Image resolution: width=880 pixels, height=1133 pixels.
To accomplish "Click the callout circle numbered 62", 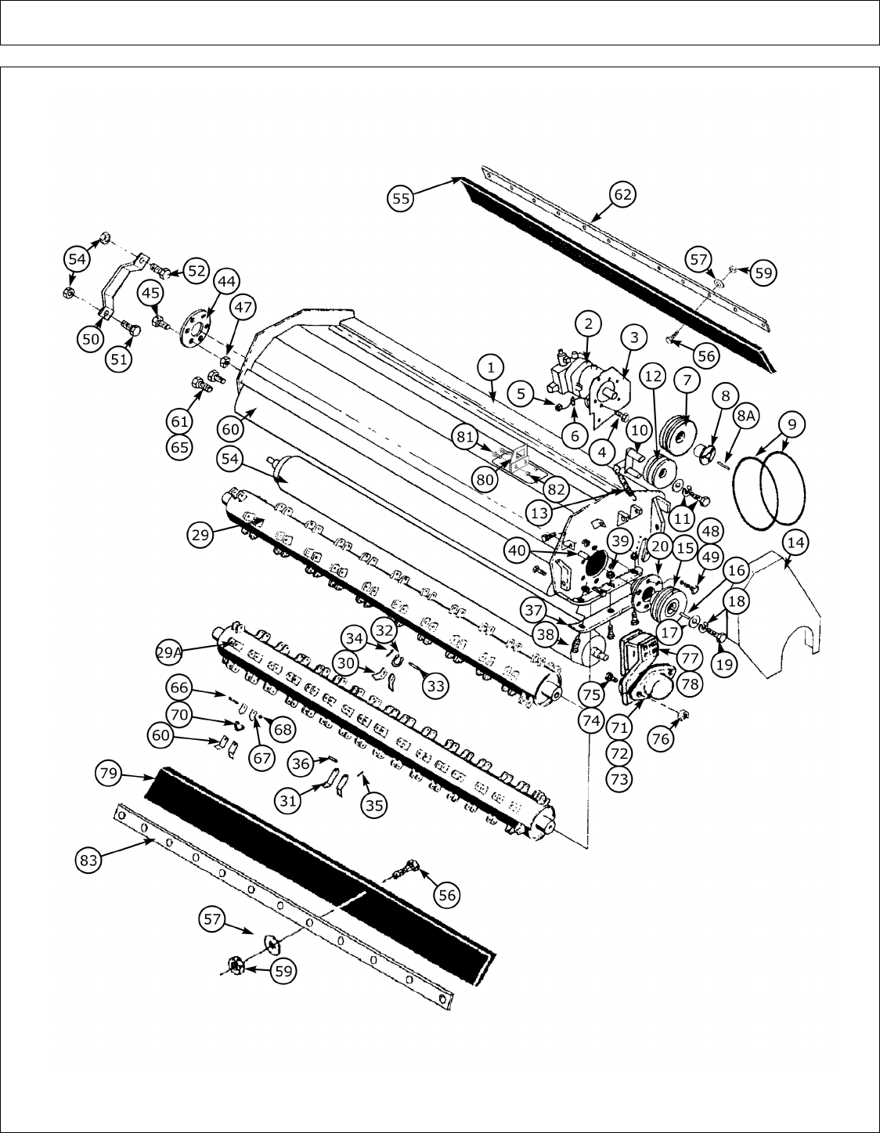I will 622,194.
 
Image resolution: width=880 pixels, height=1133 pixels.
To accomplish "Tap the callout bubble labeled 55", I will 401,199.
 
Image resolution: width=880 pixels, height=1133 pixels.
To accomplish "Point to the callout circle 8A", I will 745,417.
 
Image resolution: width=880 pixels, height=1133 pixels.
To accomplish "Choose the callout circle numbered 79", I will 109,774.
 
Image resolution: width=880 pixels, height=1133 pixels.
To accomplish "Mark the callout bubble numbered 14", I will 794,542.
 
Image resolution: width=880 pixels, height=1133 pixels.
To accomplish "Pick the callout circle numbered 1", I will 490,366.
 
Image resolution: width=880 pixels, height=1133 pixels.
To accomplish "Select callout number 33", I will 436,685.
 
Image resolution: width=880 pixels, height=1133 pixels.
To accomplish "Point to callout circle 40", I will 518,550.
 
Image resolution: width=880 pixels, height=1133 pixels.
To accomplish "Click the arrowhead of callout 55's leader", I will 459,179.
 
